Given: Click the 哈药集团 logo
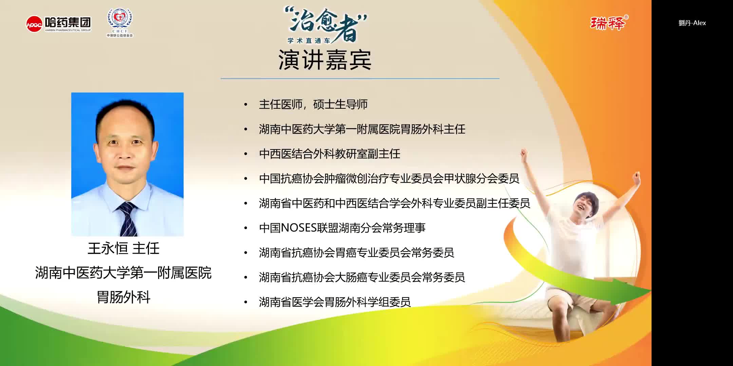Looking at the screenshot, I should (59, 24).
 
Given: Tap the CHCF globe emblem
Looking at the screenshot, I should (120, 20).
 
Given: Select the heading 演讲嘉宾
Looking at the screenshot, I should (325, 60).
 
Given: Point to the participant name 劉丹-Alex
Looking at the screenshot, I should (692, 23).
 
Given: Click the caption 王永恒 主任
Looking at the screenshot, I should (124, 248).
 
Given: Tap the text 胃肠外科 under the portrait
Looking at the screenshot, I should (124, 297).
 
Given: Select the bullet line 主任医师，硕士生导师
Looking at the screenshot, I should (313, 104).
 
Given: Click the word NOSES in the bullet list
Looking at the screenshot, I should (299, 228).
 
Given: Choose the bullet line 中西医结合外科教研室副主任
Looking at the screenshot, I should (329, 154).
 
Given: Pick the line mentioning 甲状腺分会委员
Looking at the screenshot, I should (389, 179).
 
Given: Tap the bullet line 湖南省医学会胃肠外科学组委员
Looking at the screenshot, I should (335, 302).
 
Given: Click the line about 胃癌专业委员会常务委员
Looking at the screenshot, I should (356, 252).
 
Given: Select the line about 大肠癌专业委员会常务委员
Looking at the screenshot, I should (362, 277).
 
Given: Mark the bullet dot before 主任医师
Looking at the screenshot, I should (246, 104).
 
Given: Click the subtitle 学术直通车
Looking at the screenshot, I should (309, 41).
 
